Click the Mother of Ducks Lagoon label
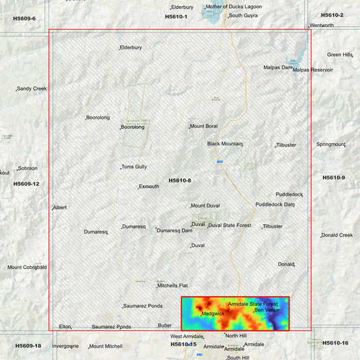tap(234, 7)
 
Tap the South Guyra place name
tap(244, 15)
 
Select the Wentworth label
tap(322, 26)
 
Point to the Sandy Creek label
tap(32, 88)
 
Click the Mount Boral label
tap(203, 126)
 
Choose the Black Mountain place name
tap(225, 144)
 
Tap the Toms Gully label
tap(134, 167)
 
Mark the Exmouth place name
tap(149, 186)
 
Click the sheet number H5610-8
tap(180, 180)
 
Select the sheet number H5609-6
tap(24, 18)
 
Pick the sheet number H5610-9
tap(334, 178)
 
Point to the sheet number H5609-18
tap(28, 345)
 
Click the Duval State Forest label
tap(230, 225)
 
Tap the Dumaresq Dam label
tap(174, 230)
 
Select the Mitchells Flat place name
tap(173, 286)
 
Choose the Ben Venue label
tap(267, 310)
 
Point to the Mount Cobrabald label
tap(27, 267)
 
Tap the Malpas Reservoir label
tap(313, 70)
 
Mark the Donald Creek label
tap(337, 235)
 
